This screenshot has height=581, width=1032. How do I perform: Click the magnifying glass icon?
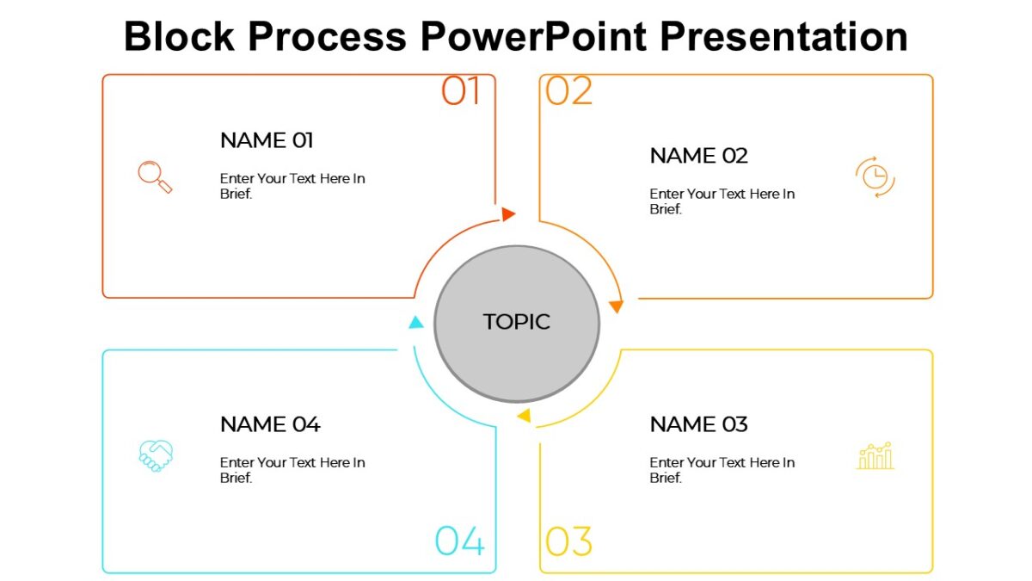155,176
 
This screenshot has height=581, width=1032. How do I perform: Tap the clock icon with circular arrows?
875,176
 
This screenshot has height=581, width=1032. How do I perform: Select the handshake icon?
156,455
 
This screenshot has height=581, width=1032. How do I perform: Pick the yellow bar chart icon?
875,456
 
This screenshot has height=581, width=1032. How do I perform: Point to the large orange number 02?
569,91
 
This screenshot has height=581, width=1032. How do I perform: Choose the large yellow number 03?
569,542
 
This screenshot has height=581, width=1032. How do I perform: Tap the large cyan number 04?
460,541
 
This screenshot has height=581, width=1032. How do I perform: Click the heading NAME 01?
267,140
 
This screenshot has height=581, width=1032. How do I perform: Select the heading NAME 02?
698,156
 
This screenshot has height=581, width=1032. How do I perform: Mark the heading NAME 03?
698,424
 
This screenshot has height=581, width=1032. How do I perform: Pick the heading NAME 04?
270,424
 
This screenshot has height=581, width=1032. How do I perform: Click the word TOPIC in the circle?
516,322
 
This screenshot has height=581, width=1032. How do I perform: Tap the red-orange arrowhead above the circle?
508,214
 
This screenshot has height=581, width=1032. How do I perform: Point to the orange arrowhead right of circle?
616,306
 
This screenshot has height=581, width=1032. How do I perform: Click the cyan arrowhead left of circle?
415,323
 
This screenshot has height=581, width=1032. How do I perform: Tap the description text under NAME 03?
722,470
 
